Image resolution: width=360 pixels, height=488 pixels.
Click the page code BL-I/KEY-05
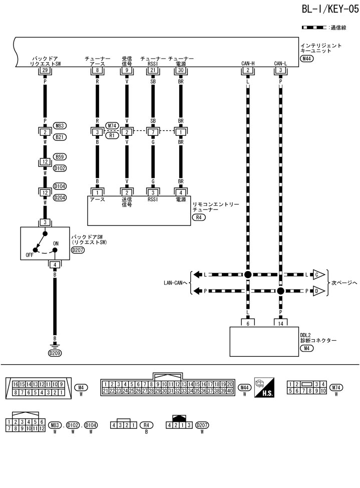pos(330,10)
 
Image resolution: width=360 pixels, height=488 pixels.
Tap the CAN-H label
pos(247,63)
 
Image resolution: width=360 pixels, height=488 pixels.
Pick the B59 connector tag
pos(60,156)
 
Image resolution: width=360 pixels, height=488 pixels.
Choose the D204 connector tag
pos(60,197)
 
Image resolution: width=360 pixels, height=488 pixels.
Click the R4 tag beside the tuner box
pos(199,218)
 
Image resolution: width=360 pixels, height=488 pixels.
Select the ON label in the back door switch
pos(56,243)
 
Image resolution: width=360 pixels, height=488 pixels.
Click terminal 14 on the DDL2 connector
pos(280,323)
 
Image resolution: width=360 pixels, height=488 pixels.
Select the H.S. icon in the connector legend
pos(264,387)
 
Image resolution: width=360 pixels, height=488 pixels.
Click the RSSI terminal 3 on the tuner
pos(152,192)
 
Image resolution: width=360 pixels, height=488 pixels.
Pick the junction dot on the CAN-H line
pos(247,275)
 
